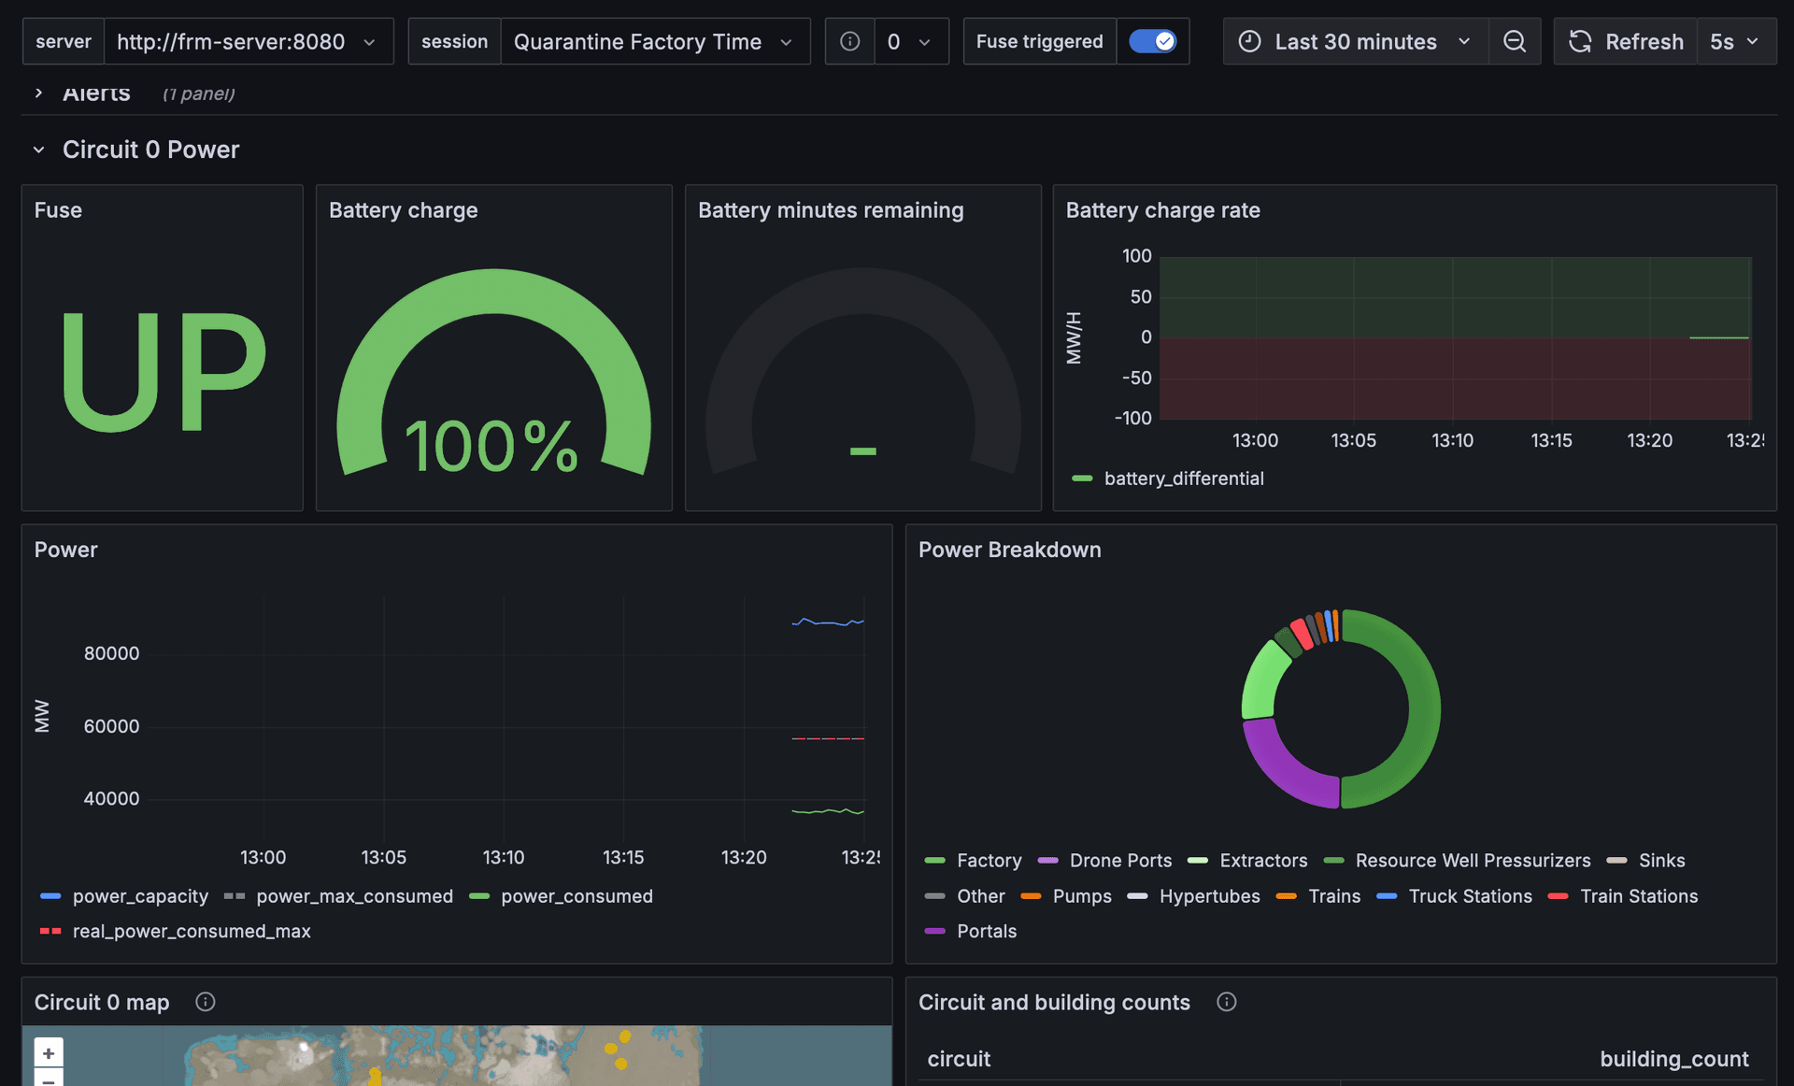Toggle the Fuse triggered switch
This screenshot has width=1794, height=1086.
pos(1152,41)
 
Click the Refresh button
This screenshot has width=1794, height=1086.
pos(1626,41)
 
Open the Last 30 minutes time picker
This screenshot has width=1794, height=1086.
pos(1355,41)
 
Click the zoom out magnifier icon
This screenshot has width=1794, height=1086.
pos(1515,41)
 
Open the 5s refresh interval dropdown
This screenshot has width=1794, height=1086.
pos(1735,41)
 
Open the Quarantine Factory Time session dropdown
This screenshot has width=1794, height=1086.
pos(654,41)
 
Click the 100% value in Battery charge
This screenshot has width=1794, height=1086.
pos(491,446)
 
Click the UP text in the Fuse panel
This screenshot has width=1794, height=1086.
pos(163,371)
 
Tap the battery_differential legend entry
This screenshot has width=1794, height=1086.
pos(1183,479)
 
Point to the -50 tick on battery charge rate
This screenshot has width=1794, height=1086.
pos(1136,378)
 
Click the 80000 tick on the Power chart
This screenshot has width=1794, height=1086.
pos(111,653)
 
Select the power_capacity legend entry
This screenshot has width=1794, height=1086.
pos(140,896)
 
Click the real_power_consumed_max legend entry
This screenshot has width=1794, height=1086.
pos(192,931)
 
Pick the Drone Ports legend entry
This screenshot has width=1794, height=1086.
pos(1119,861)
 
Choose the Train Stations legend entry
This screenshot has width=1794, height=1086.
pos(1638,896)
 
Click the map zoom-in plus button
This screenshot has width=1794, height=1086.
pos(49,1053)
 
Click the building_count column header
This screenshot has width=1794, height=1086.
pos(1673,1059)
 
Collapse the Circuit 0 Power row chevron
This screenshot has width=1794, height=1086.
pos(38,150)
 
